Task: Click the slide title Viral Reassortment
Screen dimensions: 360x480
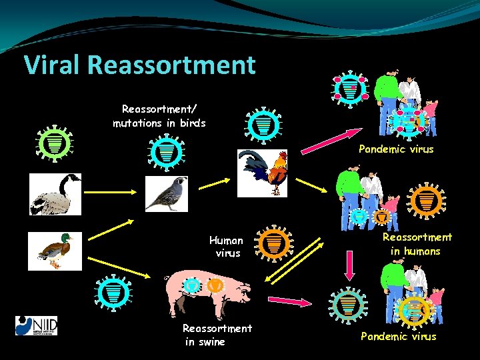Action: [x=139, y=65]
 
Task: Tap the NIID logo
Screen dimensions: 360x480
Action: [x=37, y=325]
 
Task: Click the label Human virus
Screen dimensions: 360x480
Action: [x=226, y=246]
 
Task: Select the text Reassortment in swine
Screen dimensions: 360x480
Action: [x=217, y=335]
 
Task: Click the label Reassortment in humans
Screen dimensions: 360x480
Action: [x=417, y=244]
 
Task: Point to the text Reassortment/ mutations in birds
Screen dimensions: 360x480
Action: [x=159, y=115]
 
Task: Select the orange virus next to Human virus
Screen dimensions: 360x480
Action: [x=273, y=244]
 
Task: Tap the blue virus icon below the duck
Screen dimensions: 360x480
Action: [x=114, y=291]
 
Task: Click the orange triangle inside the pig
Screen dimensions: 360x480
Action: [x=215, y=285]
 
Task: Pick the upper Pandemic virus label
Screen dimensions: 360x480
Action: [x=396, y=149]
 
